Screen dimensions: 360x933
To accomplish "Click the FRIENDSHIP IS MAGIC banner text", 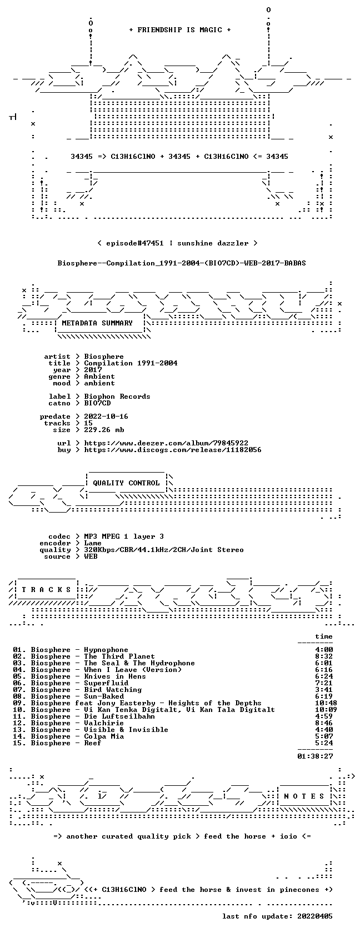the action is coord(180,30).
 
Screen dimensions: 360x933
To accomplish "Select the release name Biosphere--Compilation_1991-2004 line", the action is coord(182,263).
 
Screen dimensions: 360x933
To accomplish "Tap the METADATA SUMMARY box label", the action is coord(97,323).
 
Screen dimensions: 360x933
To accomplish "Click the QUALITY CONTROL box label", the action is coord(126,483).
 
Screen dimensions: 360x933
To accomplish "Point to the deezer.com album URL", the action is coord(166,443).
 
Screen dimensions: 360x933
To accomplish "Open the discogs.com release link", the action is coord(173,450).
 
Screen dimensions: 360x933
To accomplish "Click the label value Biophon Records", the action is coord(117,397).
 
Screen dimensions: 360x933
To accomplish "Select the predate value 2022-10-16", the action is coord(106,417).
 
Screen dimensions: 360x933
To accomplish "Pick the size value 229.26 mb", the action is coord(104,430).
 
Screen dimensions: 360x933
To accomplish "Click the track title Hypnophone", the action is coord(106,650).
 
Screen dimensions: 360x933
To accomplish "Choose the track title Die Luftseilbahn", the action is coord(119,716).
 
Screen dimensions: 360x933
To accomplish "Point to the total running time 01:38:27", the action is coord(316,756).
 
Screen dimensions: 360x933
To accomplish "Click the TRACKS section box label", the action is coord(46,590).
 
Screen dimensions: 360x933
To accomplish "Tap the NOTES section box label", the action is coord(304,796).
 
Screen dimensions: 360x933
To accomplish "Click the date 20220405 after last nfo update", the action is coord(315,916).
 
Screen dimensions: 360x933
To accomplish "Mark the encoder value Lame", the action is coord(93,543).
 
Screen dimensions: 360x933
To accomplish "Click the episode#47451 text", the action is coord(135,243).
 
